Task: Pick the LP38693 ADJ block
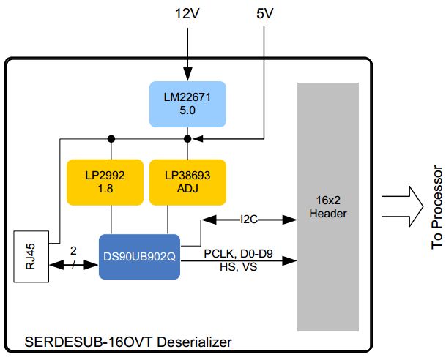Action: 187,181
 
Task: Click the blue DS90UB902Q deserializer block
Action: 139,257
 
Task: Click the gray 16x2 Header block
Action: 327,206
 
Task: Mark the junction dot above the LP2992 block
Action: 111,138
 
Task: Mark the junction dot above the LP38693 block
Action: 187,138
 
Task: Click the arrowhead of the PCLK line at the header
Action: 293,260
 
